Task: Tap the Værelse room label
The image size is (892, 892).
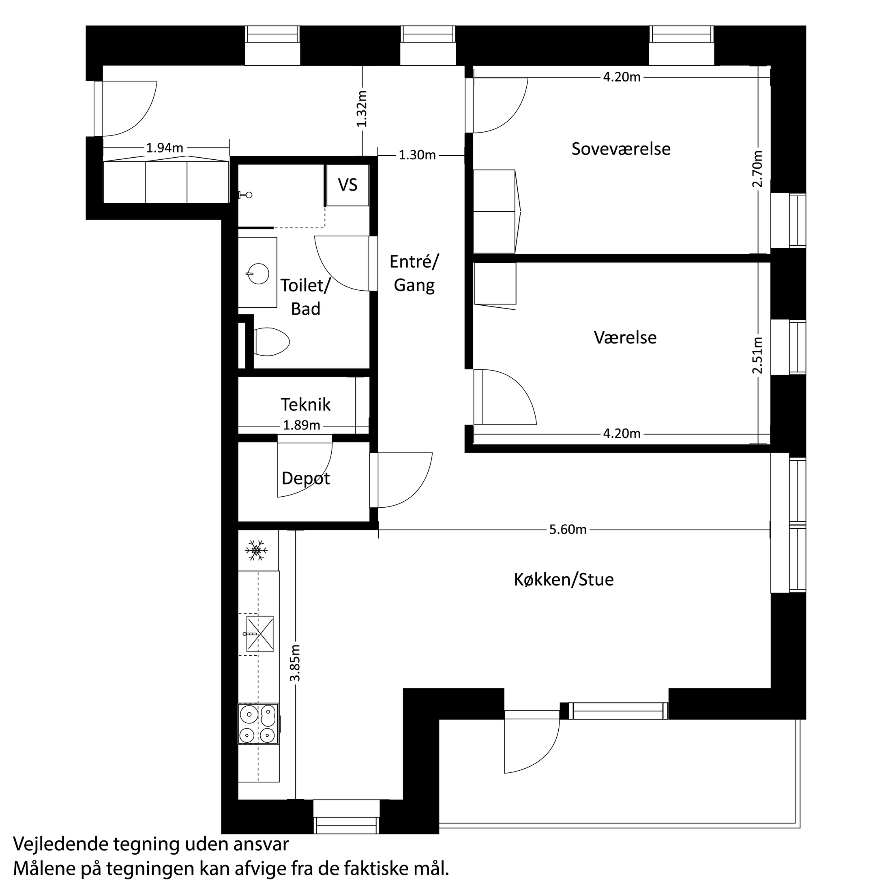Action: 625,337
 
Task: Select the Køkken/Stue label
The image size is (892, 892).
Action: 564,579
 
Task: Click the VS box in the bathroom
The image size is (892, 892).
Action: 347,185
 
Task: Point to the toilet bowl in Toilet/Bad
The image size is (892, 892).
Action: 272,342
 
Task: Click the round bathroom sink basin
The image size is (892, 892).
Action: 257,274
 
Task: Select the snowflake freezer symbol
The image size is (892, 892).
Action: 256,550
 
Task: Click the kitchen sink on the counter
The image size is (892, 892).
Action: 259,633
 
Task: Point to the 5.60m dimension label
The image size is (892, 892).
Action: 567,530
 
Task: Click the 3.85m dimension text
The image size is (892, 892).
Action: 296,663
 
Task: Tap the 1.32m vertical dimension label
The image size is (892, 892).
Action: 362,109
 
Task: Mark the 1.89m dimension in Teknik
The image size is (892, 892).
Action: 302,425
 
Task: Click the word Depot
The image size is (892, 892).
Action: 306,478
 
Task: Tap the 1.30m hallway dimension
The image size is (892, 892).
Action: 417,155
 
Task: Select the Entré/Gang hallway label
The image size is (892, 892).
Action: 414,273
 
